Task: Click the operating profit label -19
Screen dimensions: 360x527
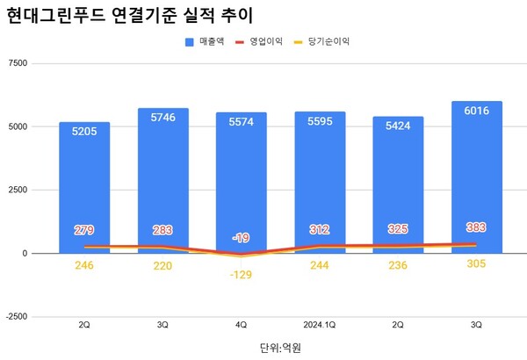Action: coord(242,238)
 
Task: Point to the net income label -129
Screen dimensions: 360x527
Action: coord(242,277)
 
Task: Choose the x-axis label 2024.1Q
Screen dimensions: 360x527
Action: coord(320,325)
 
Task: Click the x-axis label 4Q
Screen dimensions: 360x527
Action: coord(242,325)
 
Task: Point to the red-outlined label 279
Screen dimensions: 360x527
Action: coord(84,230)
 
